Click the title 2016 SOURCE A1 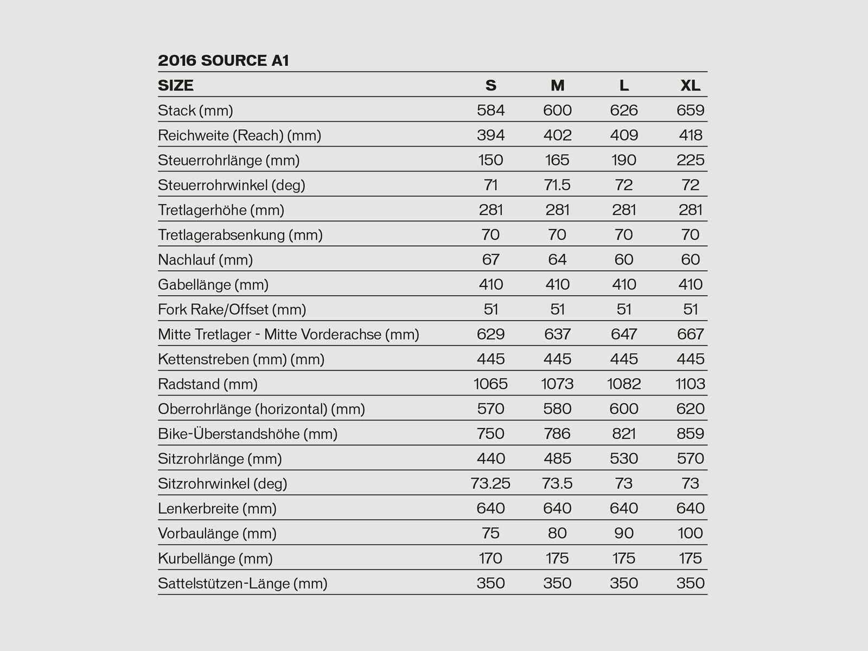[x=223, y=60]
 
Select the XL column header [x=690, y=85]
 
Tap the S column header [x=490, y=85]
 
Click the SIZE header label [x=175, y=85]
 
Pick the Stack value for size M [x=557, y=110]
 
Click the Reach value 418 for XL [x=690, y=135]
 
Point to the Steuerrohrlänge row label [x=228, y=160]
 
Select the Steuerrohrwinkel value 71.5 [x=557, y=185]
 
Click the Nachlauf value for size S [x=490, y=259]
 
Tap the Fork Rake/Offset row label [x=232, y=309]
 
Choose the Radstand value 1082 [x=624, y=384]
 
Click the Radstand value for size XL [x=690, y=384]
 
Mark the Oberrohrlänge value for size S [x=490, y=409]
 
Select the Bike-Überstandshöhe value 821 [x=624, y=434]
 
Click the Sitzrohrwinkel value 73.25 [x=490, y=483]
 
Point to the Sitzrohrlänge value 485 [x=557, y=458]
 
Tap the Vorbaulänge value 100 [x=690, y=533]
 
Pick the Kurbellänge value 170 [x=490, y=558]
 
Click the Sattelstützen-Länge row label [x=242, y=583]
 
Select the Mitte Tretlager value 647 [x=624, y=334]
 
